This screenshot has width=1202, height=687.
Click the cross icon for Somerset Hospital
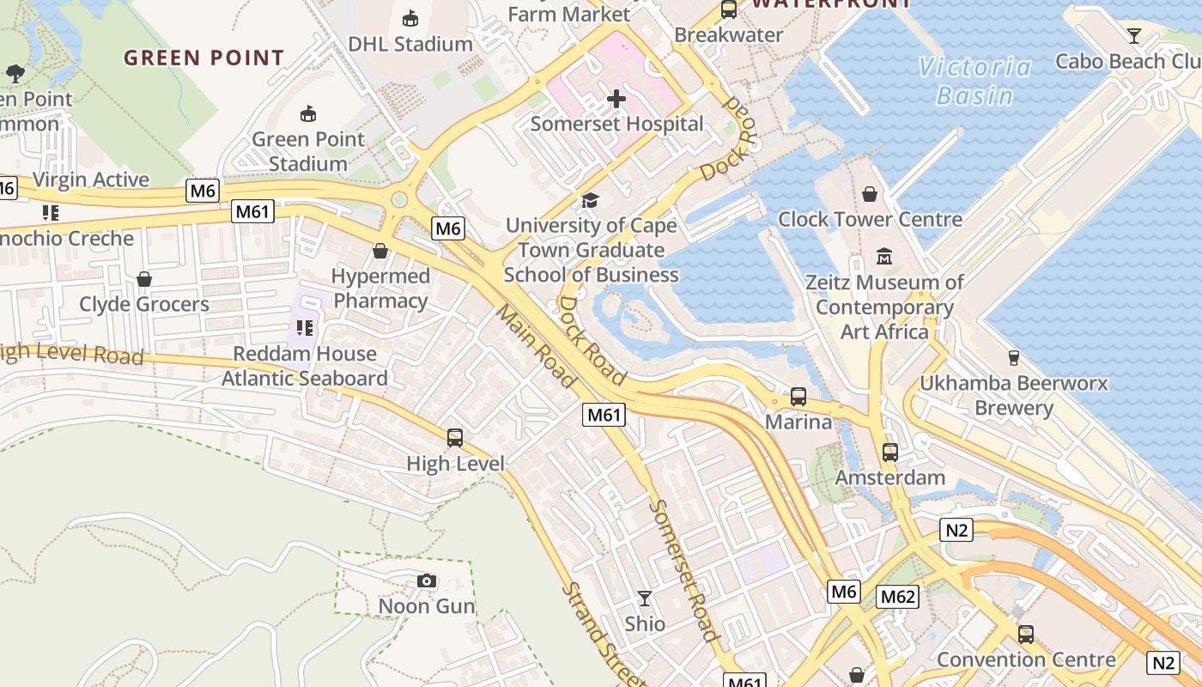(x=616, y=99)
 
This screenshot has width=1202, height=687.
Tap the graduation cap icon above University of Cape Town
(x=590, y=200)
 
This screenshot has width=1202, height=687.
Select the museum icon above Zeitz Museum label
(x=884, y=256)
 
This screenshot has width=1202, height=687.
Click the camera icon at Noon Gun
(x=427, y=581)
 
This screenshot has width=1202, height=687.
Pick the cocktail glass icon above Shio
(x=645, y=598)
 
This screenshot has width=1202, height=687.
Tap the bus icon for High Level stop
(x=455, y=438)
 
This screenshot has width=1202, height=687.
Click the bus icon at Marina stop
(x=798, y=397)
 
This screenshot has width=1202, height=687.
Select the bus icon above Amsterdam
(x=890, y=452)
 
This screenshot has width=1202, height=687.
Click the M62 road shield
(x=897, y=597)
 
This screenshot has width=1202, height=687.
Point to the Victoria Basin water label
(x=974, y=81)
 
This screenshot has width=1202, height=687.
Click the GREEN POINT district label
(x=203, y=58)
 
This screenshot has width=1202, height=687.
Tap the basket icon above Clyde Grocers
(x=144, y=279)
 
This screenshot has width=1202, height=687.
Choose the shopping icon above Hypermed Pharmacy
(x=380, y=251)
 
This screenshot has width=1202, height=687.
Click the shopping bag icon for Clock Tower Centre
(x=870, y=194)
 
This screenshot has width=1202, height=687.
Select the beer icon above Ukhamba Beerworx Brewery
(x=1013, y=358)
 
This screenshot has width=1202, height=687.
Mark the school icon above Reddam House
(x=304, y=328)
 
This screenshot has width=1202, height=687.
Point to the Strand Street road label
(x=604, y=634)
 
